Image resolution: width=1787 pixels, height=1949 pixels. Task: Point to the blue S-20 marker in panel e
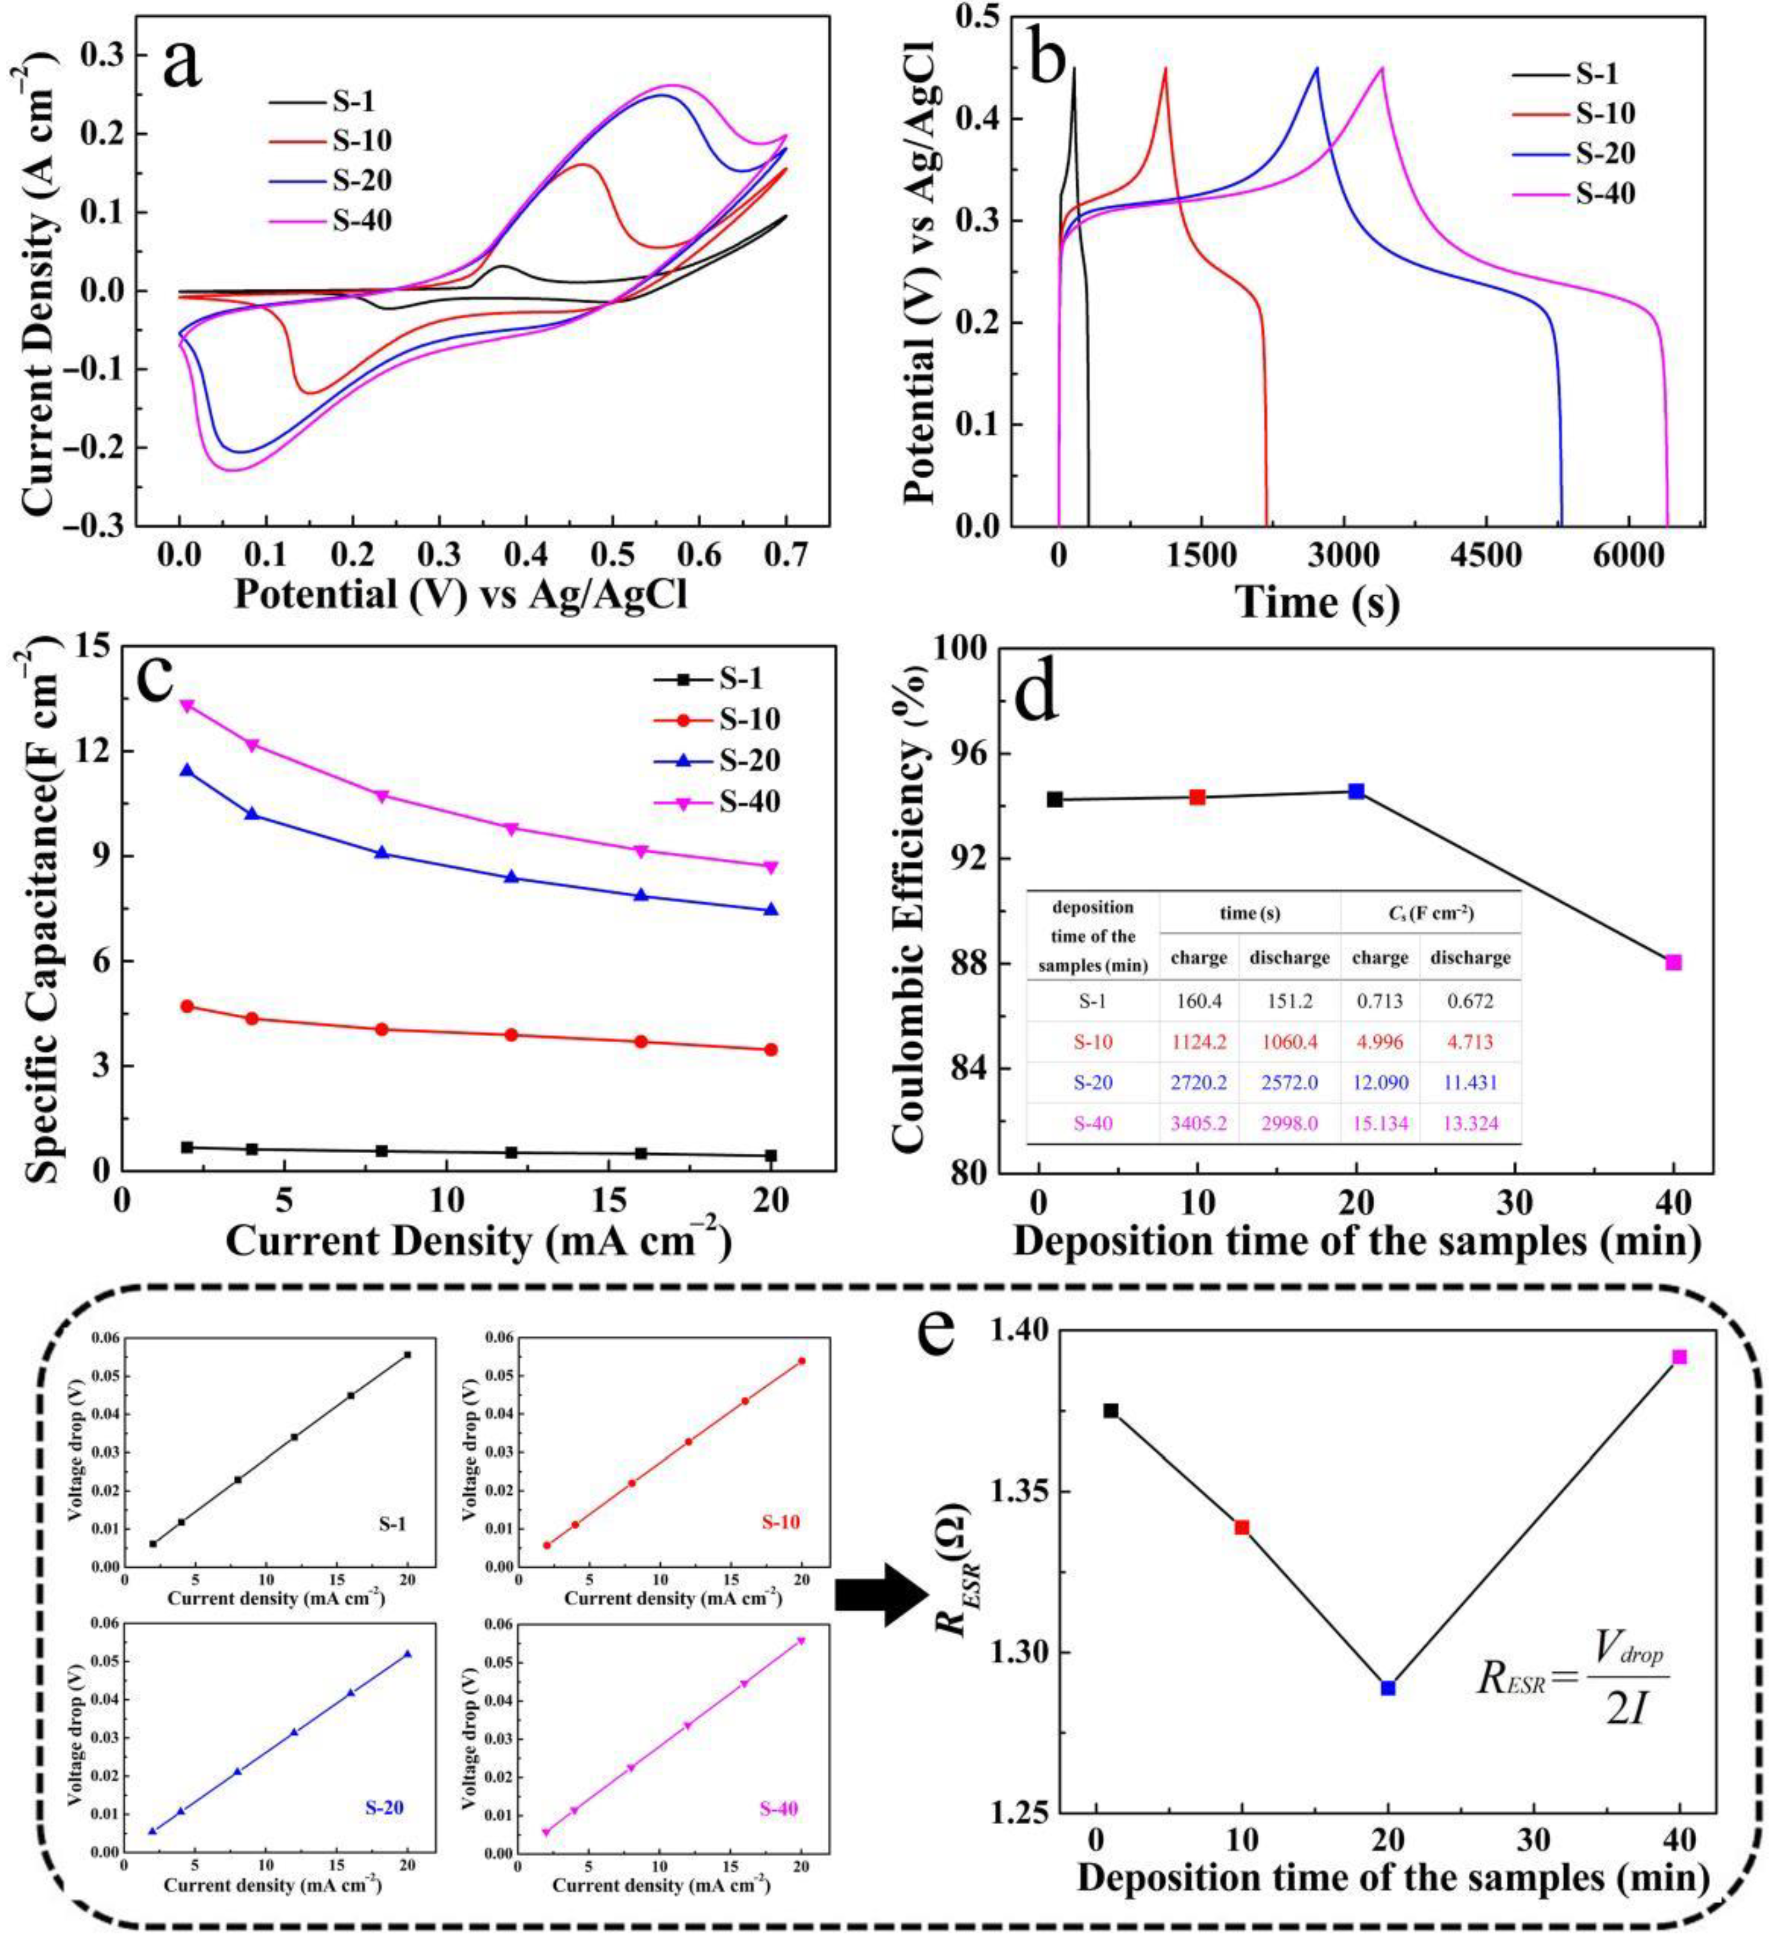click(x=1388, y=1688)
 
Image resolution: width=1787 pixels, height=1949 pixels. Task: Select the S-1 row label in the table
click(x=1093, y=1001)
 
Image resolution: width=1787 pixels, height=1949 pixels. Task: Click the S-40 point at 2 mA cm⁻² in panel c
click(x=187, y=705)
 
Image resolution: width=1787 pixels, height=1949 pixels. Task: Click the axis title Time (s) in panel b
click(x=1316, y=602)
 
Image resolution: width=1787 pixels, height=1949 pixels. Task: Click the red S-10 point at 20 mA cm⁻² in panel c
click(x=771, y=1049)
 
